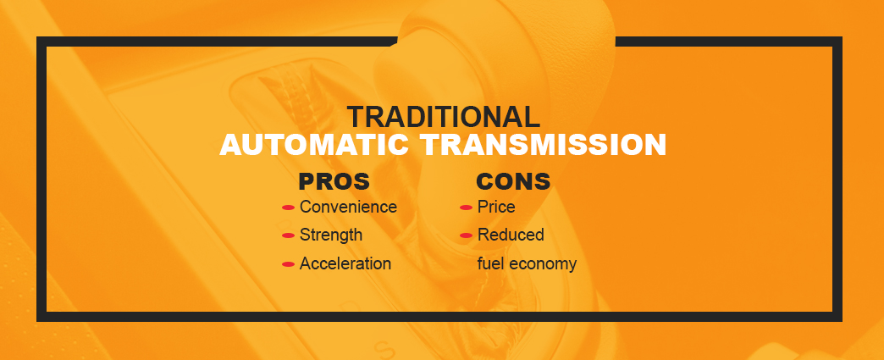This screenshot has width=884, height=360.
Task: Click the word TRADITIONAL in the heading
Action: pos(443,117)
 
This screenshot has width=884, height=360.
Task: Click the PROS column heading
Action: pos(334,182)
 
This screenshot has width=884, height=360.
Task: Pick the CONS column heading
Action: pos(513,182)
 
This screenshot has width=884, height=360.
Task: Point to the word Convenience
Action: pos(348,207)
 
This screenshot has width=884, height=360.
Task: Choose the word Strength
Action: pos(331,235)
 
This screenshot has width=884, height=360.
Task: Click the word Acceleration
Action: pos(345,263)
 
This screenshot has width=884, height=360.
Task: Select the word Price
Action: pos(496,207)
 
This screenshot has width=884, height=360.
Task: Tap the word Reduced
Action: pos(511,235)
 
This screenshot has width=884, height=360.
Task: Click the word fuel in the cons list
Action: pos(490,263)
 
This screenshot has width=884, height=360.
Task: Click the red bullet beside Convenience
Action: pos(288,208)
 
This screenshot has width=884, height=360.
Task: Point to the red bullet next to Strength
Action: pos(288,235)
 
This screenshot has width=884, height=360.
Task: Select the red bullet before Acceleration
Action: pos(288,264)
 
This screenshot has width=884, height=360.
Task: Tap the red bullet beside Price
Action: pos(466,208)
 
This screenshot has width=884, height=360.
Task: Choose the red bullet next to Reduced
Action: pos(466,235)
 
